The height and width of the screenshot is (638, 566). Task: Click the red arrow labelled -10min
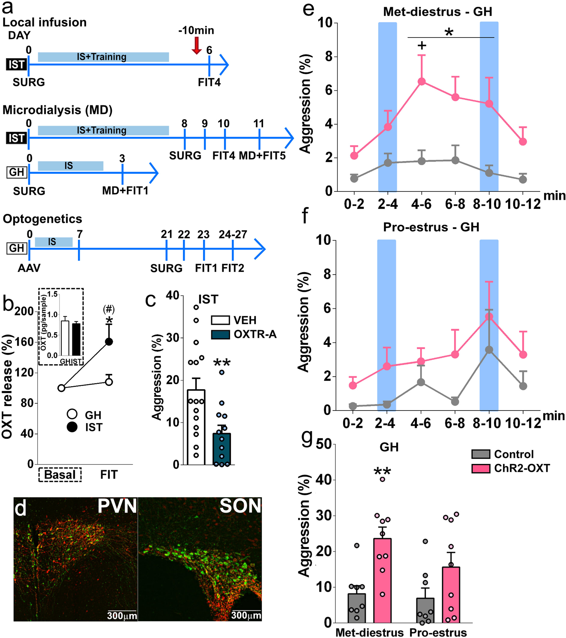[196, 46]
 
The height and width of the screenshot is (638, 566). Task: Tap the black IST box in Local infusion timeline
[16, 65]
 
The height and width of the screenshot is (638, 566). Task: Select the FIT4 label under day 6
[209, 82]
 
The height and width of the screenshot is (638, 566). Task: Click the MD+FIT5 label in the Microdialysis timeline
[262, 156]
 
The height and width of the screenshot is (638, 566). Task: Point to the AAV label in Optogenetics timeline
[29, 268]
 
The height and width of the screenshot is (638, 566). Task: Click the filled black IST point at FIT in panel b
[109, 342]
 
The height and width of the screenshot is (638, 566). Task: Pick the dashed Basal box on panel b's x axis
[60, 475]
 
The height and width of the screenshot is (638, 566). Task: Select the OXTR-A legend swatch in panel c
[220, 334]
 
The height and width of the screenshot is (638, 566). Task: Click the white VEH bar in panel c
[196, 430]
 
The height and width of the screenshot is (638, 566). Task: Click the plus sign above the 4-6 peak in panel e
[422, 46]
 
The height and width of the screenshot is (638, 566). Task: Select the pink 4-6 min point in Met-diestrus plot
[422, 82]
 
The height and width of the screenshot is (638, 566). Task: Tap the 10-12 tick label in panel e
[523, 204]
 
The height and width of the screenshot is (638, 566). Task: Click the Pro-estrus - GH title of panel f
[431, 227]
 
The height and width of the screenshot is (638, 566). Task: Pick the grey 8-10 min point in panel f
[489, 350]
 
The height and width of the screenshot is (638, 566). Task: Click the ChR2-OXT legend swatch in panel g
[481, 468]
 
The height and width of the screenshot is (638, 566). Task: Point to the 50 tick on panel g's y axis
[324, 445]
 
